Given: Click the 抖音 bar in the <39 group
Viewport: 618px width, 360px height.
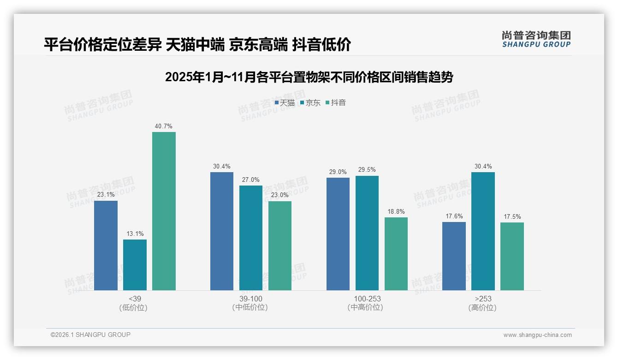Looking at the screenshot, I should [x=164, y=211].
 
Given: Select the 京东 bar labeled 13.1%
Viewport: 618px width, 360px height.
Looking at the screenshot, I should [x=135, y=265].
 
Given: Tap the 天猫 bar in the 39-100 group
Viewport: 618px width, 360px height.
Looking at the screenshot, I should [x=222, y=231].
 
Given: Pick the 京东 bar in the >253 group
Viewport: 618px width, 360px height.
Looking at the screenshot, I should [x=483, y=231].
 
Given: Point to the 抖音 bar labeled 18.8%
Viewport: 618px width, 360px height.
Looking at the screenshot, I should [x=396, y=254].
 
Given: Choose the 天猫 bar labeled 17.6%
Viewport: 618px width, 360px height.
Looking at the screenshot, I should [x=454, y=256].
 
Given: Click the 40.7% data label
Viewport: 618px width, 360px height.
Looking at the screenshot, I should [x=164, y=126].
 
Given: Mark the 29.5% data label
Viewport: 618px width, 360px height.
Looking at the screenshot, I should [x=367, y=170].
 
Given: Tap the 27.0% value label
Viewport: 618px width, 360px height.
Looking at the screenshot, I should [x=251, y=180].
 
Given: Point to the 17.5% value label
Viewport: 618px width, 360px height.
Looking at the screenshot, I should [x=512, y=216].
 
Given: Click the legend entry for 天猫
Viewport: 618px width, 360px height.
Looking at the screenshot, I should [x=285, y=103].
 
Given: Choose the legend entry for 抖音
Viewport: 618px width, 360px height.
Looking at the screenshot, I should [x=336, y=103].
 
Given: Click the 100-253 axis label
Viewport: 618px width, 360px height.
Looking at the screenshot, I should [x=367, y=299].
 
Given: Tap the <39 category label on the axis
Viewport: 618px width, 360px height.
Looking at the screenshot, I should [x=135, y=299].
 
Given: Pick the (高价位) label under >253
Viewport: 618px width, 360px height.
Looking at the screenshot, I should [x=483, y=307].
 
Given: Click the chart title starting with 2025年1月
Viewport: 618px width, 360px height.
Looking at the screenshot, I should [x=309, y=77].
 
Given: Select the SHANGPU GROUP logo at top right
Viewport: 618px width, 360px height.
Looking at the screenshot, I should [x=536, y=39].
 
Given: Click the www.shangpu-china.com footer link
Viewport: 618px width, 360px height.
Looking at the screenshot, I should [x=537, y=335].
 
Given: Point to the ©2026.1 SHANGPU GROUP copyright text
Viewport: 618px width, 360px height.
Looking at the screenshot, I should [x=90, y=335].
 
